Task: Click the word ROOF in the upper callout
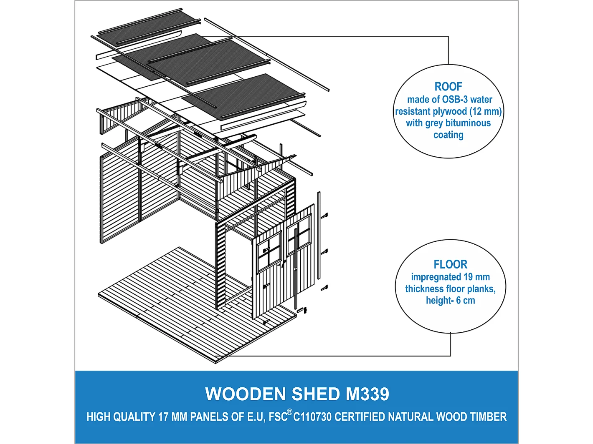pos(448,87)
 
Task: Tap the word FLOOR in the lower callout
pos(450,265)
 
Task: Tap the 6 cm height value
pos(465,301)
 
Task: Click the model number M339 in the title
pos(367,394)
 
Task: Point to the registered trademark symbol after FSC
pos(289,412)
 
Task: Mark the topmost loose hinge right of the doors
pos(324,216)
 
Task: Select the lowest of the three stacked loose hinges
pos(324,288)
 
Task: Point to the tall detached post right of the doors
pos(319,236)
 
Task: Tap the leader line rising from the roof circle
pos(449,50)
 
